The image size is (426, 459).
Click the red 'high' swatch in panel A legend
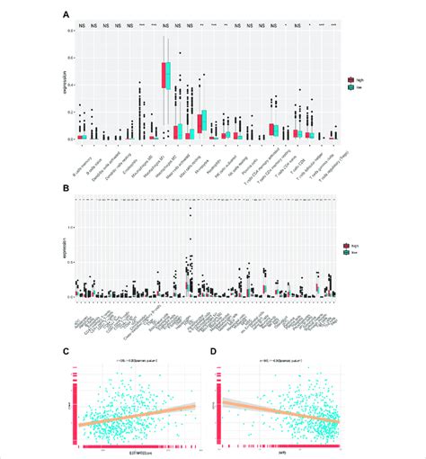(x=351, y=80)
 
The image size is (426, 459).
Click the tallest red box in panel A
(x=164, y=75)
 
